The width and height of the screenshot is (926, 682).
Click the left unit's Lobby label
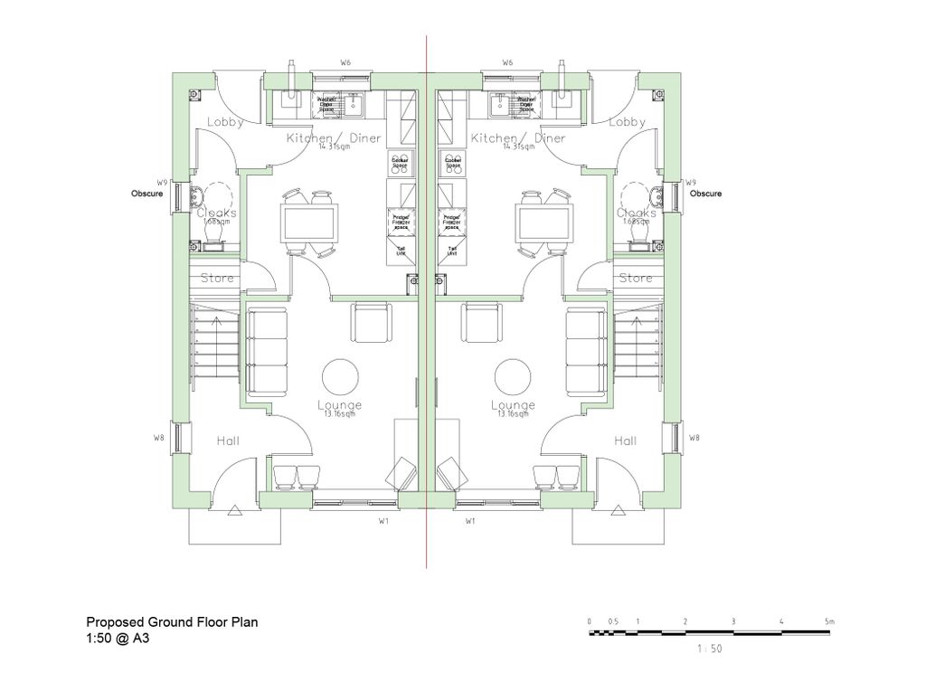224,122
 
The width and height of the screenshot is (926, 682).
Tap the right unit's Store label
635,278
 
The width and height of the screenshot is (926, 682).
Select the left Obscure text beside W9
147,194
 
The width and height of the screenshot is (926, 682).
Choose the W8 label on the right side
694,438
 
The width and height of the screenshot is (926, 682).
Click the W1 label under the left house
383,522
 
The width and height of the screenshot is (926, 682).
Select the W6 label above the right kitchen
507,62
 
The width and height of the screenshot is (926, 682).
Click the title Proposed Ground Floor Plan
172,622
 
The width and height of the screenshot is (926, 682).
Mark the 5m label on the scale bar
829,621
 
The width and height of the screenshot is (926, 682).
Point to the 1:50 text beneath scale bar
710,649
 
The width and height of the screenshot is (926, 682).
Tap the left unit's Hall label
228,440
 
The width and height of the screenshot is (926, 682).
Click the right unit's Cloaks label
637,213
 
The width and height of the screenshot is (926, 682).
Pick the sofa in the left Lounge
268,352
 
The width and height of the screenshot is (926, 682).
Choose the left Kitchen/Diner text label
334,138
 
